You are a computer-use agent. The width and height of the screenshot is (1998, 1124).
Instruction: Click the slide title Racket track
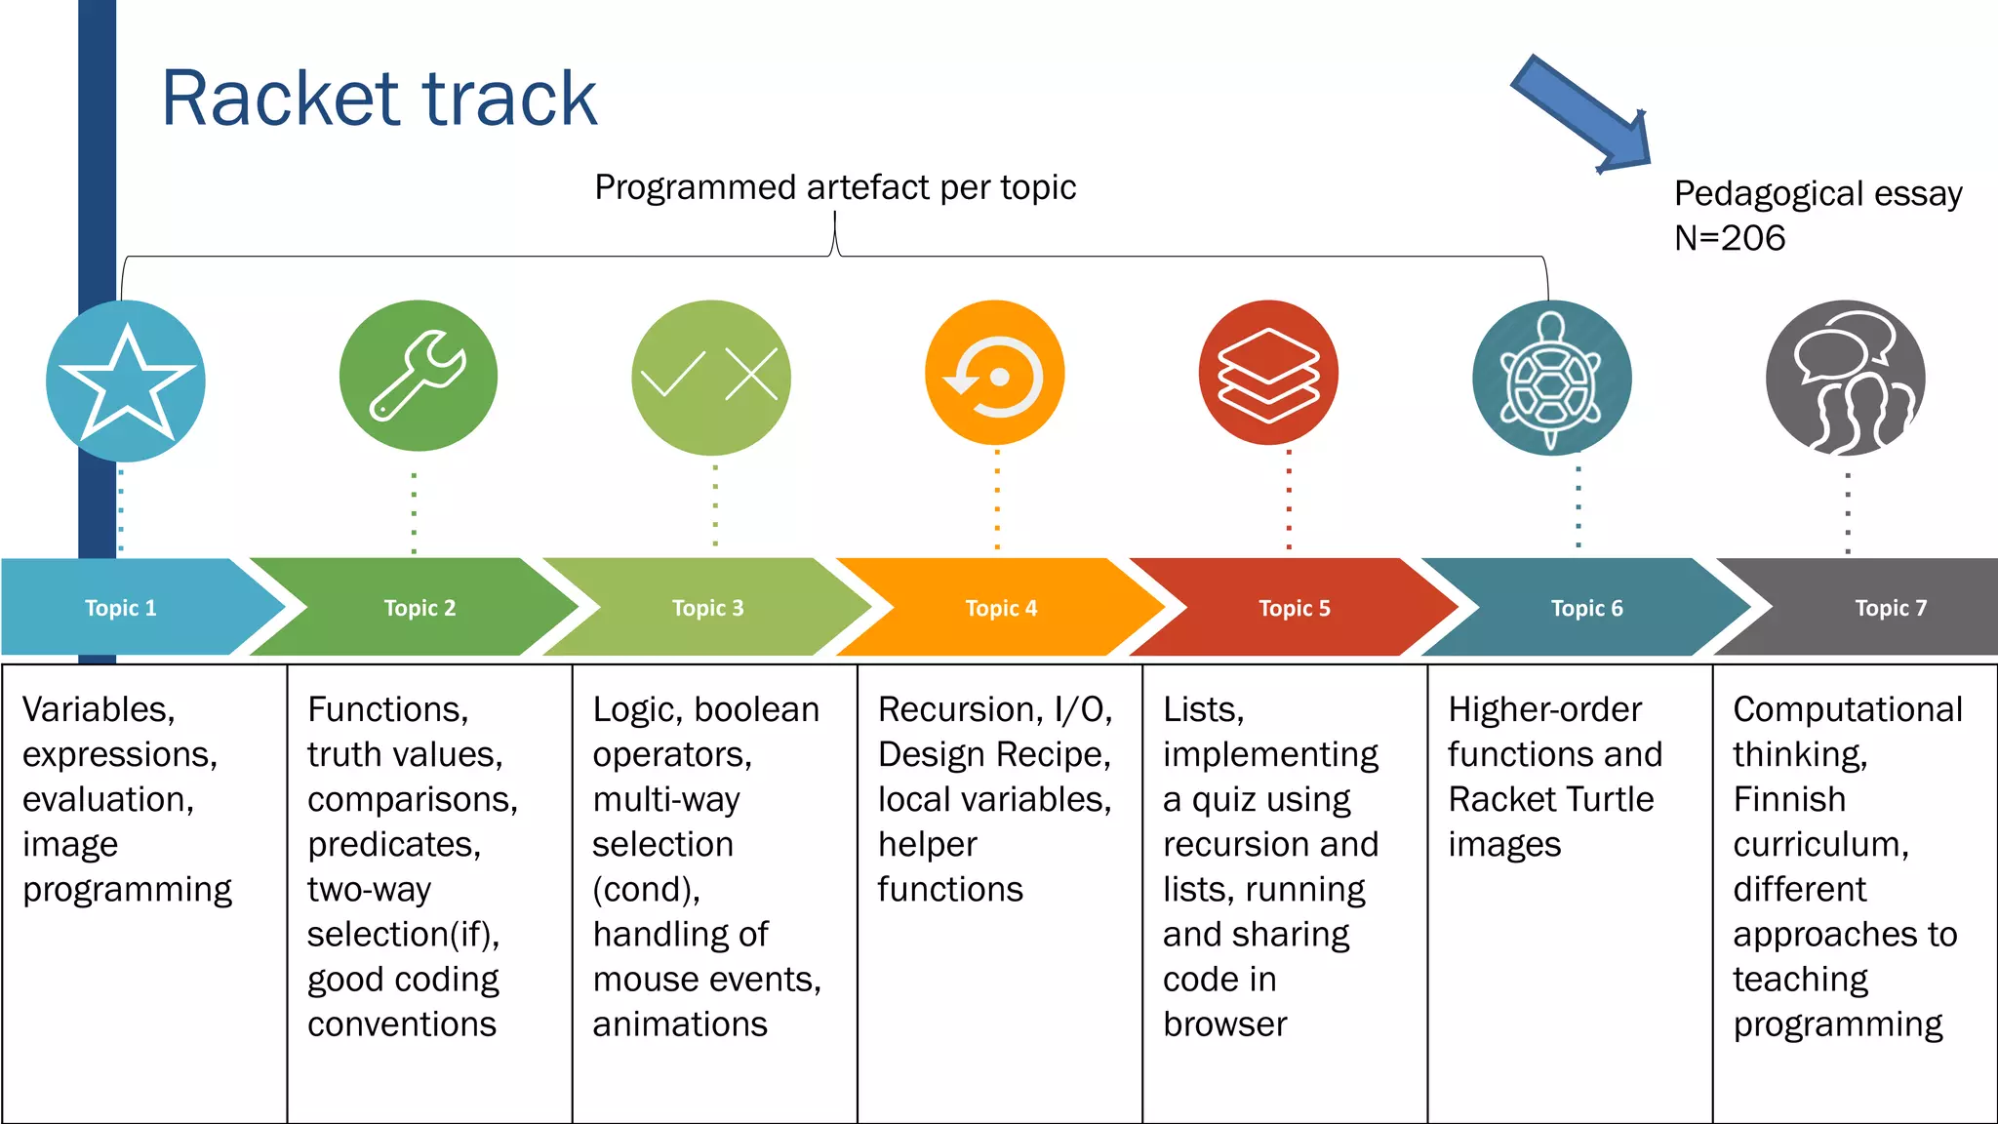pos(379,99)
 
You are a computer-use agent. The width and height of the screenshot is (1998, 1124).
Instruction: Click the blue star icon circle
pos(126,381)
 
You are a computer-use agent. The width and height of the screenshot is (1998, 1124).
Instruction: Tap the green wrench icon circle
pos(419,376)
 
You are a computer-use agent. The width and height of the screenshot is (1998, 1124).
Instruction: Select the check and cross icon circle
pos(711,378)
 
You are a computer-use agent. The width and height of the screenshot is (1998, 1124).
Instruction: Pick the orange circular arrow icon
pos(995,374)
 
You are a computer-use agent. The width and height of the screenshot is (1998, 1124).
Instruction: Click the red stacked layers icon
pos(1268,374)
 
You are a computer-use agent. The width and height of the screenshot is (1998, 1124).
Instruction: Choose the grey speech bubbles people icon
pos(1845,379)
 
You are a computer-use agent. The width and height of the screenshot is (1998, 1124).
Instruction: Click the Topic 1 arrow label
pos(121,608)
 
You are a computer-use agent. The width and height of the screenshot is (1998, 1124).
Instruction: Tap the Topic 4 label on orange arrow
pos(1001,608)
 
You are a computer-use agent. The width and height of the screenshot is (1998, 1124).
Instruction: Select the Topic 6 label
pos(1587,608)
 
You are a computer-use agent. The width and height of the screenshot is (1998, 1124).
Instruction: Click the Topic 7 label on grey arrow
pos(1891,608)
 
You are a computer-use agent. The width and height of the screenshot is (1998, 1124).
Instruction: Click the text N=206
pos(1730,238)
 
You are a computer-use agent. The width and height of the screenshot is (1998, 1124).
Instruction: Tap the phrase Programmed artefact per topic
pos(835,187)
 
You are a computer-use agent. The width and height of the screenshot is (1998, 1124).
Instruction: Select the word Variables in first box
pos(99,709)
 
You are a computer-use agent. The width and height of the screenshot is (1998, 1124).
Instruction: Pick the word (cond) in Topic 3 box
pos(646,889)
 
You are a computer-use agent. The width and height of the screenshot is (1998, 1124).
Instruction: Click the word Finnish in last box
pos(1789,799)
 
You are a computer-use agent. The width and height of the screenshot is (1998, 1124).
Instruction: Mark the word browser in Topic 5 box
pos(1225,1024)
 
